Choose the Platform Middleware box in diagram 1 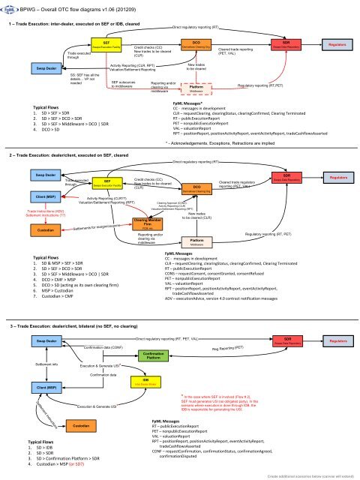tap(197, 88)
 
